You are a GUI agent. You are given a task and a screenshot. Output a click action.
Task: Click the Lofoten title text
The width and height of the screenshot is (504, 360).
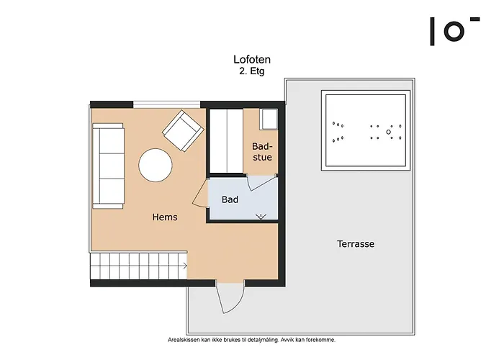pyautogui.click(x=252, y=60)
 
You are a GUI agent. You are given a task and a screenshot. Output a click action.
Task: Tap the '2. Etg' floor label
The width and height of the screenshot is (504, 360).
pyautogui.click(x=252, y=71)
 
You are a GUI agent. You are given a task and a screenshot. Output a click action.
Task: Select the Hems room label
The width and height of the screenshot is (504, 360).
pyautogui.click(x=165, y=217)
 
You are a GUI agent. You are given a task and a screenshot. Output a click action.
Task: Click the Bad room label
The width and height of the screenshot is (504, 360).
pyautogui.click(x=230, y=199)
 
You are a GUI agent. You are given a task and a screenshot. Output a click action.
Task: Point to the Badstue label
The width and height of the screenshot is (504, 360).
pyautogui.click(x=262, y=152)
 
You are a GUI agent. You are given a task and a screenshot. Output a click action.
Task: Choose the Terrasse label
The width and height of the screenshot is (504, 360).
pyautogui.click(x=356, y=244)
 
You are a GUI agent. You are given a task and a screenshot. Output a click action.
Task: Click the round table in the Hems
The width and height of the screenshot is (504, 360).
pyautogui.click(x=156, y=165)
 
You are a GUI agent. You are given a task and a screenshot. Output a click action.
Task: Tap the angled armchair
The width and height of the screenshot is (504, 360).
pyautogui.click(x=183, y=131)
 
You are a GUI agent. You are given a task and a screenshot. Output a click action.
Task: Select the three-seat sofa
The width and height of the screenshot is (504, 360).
pyautogui.click(x=108, y=166)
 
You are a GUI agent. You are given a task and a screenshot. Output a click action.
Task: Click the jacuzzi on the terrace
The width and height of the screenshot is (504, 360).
pyautogui.click(x=366, y=130)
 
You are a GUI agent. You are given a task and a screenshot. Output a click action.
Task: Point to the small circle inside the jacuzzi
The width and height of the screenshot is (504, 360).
pyautogui.click(x=388, y=132)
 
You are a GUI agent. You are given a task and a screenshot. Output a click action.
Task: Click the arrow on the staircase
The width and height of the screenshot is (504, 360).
pyautogui.click(x=185, y=266)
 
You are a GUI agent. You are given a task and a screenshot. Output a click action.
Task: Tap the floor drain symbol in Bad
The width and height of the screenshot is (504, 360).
pyautogui.click(x=261, y=216)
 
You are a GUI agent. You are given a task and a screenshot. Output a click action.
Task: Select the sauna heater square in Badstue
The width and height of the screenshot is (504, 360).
pyautogui.click(x=269, y=120)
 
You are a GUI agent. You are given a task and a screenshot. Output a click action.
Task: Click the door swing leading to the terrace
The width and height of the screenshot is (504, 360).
pyautogui.click(x=230, y=297)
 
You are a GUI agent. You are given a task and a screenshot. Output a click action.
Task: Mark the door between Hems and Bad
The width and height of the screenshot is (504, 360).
pyautogui.click(x=201, y=193)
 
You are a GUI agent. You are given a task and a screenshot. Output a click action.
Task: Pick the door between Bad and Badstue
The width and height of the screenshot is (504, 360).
pyautogui.click(x=262, y=183)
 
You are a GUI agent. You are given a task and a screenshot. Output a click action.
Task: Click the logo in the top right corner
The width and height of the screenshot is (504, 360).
pyautogui.click(x=455, y=31)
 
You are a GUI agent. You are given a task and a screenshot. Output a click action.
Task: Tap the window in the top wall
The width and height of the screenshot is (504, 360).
pyautogui.click(x=166, y=104)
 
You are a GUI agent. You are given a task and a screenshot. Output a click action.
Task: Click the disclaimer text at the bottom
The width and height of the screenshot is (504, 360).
pyautogui.click(x=252, y=340)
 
